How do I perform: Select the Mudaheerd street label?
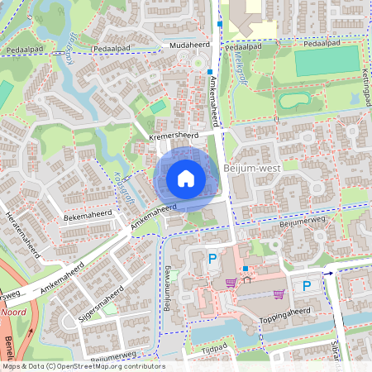[186, 45]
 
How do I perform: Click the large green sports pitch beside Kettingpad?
[327, 62]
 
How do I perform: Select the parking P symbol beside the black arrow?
[307, 286]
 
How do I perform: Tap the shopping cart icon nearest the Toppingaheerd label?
[279, 293]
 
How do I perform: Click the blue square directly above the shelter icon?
[246, 269]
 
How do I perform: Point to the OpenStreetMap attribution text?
[83, 366]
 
